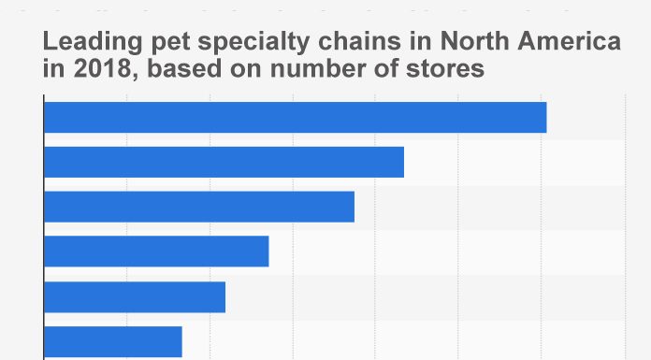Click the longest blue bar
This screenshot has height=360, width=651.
coord(295,117)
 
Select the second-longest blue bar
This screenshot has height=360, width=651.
coord(224,162)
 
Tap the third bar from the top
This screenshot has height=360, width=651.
coord(199,207)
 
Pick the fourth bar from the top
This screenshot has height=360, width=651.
coord(156,252)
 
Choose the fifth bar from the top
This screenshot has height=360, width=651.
coord(135,296)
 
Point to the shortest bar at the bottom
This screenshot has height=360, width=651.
coord(113,340)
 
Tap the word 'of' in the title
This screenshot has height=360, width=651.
coord(378,69)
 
